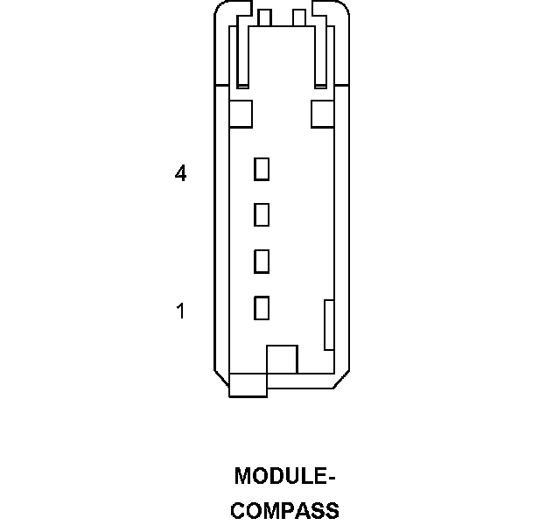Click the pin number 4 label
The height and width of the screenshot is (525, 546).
(180, 174)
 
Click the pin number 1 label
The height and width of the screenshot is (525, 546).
(180, 311)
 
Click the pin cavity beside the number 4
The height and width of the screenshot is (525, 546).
(261, 169)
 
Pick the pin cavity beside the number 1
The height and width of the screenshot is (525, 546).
(261, 307)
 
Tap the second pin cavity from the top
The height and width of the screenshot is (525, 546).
(261, 214)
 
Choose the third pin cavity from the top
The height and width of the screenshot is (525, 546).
(261, 261)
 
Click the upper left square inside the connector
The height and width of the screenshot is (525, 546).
(240, 113)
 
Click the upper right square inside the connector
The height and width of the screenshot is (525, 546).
(323, 113)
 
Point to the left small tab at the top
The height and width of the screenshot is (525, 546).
(265, 17)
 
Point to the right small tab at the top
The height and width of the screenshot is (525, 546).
(299, 17)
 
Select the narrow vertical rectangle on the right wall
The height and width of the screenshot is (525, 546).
(330, 325)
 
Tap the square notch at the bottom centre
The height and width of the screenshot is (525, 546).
(282, 359)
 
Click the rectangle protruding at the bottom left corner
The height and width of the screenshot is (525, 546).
(248, 385)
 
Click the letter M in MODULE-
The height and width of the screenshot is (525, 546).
(243, 477)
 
